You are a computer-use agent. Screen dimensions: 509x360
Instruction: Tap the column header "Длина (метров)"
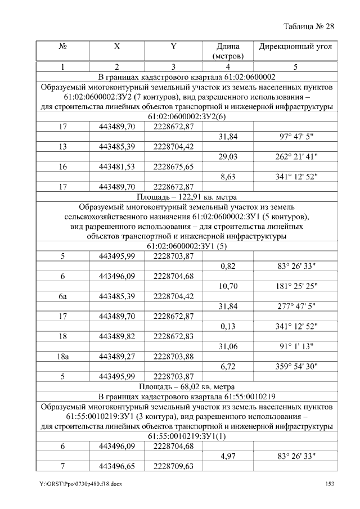coord(228,51)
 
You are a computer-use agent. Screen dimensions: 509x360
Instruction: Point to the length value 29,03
coord(228,157)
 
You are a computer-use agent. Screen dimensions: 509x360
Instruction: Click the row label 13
coord(63,147)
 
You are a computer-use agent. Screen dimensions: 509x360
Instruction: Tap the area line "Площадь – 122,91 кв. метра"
coord(186,197)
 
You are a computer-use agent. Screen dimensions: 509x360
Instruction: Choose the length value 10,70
coord(228,286)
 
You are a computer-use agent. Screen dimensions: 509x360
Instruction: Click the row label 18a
coord(63,356)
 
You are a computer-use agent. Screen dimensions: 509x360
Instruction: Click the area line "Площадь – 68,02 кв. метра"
coord(186,387)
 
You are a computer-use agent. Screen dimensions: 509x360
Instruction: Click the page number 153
coord(331,484)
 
